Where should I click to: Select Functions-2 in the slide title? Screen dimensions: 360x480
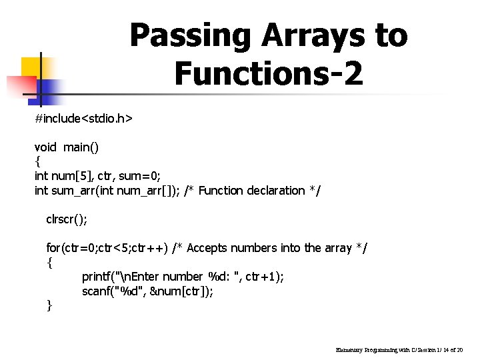[269, 73]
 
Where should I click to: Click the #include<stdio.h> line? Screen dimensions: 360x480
[83, 119]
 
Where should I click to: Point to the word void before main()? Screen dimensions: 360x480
[45, 147]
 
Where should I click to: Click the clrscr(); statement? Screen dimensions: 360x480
[67, 219]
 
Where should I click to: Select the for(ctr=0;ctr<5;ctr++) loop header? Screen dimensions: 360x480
[107, 248]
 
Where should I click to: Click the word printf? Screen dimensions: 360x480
[98, 277]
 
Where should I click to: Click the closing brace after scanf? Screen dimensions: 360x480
[49, 305]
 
